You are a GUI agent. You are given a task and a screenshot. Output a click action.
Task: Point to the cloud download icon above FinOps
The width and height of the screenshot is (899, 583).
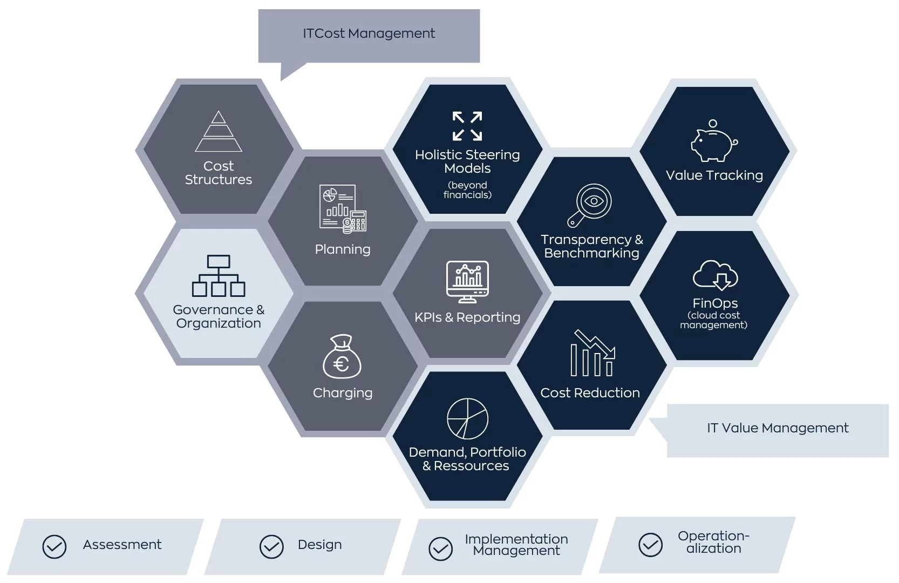[x=715, y=275]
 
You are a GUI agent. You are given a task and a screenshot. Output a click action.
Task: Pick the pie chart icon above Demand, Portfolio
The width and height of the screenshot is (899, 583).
[x=467, y=418]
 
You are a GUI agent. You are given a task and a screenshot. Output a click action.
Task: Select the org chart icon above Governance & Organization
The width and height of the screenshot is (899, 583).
[x=219, y=276]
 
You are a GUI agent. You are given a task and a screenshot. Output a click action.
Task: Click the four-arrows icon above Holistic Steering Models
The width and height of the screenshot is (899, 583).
[x=467, y=126]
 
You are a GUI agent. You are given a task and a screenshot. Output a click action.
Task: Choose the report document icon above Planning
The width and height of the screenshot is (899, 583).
[x=343, y=208]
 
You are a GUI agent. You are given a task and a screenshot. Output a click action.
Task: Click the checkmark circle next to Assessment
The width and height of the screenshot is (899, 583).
[x=55, y=547]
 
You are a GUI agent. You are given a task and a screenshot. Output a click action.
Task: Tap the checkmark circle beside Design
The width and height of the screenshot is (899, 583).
[x=271, y=547]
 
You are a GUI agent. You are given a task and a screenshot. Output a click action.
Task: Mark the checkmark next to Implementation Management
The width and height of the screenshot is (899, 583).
[x=441, y=549]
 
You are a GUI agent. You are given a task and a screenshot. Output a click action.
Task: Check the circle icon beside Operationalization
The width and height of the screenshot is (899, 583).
[x=650, y=545]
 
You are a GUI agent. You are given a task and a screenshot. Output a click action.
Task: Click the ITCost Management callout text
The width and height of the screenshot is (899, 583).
[x=369, y=33]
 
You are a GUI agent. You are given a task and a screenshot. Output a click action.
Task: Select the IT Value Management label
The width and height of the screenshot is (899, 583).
[x=777, y=428]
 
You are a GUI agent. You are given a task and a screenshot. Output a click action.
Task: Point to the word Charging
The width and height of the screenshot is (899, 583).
[x=343, y=393]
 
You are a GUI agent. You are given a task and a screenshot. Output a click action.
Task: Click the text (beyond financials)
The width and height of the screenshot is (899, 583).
[x=467, y=190]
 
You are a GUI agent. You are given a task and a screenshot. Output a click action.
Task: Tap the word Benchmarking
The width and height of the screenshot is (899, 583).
[x=591, y=253]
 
